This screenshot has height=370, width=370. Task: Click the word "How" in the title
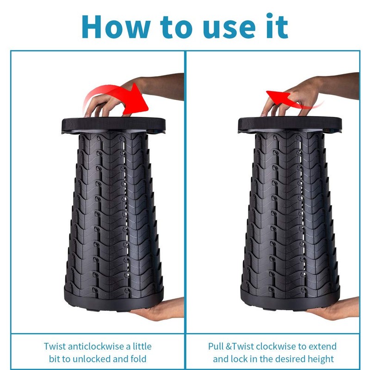(x=116, y=26)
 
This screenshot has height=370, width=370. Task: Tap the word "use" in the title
(x=229, y=30)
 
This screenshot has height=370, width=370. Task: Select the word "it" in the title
(x=277, y=26)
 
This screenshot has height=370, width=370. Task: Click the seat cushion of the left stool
(x=113, y=124)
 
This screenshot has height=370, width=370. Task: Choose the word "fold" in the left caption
(x=138, y=359)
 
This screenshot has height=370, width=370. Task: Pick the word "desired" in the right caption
(x=289, y=359)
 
